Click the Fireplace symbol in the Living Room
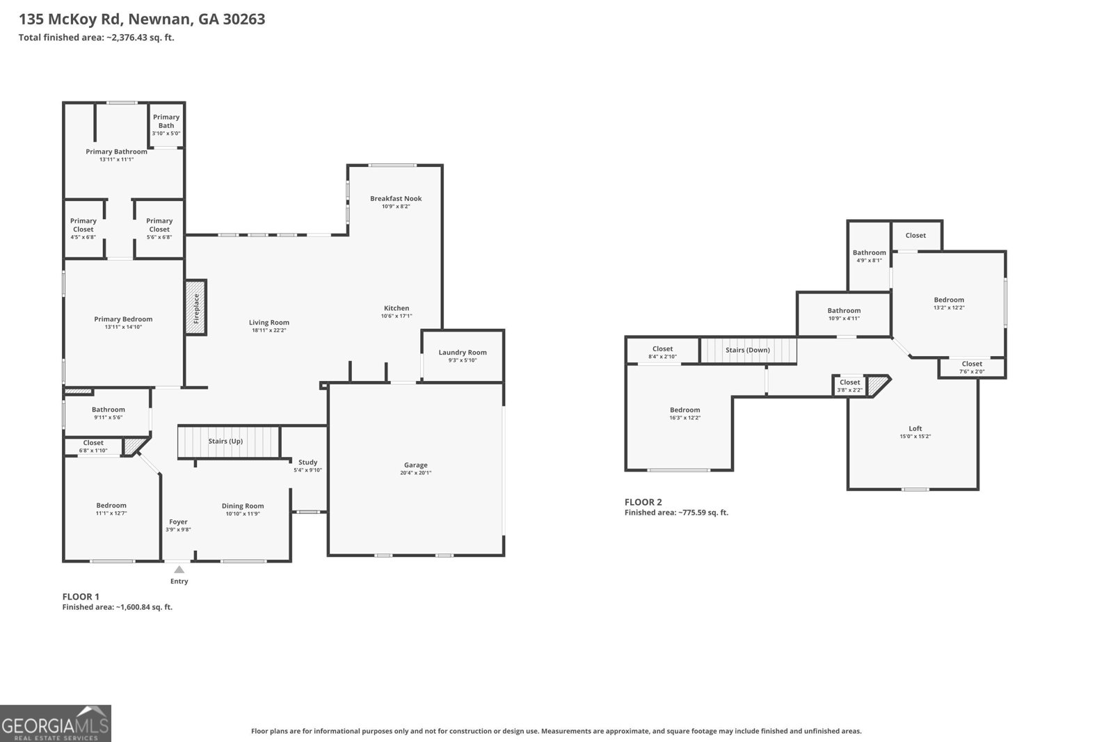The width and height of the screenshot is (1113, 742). click(195, 308)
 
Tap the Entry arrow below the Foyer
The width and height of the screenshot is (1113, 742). click(179, 570)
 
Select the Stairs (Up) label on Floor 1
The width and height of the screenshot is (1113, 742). click(225, 441)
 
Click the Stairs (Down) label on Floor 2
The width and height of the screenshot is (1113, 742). click(747, 350)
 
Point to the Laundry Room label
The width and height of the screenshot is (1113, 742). click(462, 353)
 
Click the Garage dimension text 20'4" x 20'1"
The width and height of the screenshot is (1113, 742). click(415, 473)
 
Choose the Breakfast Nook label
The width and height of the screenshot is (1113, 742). click(396, 199)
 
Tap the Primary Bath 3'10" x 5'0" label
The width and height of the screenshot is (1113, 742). click(166, 124)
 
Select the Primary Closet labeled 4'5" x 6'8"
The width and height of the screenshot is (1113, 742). click(83, 229)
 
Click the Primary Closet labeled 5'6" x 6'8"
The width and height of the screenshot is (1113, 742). click(159, 229)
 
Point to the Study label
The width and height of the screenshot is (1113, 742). click(307, 462)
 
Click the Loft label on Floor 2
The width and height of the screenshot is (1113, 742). click(915, 429)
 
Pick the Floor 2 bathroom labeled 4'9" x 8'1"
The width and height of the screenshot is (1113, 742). click(869, 256)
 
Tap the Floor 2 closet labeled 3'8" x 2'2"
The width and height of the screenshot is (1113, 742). click(849, 386)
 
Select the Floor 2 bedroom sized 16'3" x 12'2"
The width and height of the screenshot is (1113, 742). click(684, 414)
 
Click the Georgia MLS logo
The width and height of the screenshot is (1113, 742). click(55, 723)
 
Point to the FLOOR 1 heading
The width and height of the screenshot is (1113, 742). click(81, 597)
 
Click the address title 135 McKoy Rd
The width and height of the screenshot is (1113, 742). click(142, 19)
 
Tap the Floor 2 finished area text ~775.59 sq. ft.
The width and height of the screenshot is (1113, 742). click(676, 513)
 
